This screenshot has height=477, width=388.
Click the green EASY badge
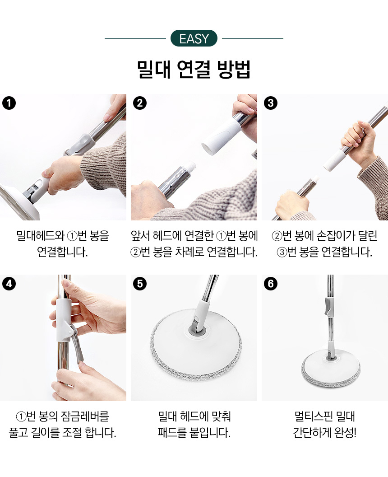pos(194,38)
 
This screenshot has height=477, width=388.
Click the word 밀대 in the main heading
pos(153,70)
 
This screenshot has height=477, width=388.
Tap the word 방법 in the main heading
pos(234,70)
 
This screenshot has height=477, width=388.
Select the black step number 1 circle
pos(9,103)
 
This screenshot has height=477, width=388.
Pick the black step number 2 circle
pos(140,103)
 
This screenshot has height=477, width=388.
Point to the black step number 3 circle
pos(271,103)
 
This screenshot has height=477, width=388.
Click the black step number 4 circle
pos(9,284)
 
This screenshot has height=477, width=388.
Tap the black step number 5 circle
pos(140,284)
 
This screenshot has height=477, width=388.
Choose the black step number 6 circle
pos(271,284)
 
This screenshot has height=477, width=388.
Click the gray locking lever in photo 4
pos(77,345)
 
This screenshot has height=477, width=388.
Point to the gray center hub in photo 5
pos(197,329)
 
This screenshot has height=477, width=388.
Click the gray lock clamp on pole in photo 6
pos(328,307)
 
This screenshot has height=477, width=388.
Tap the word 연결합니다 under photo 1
pos(62,252)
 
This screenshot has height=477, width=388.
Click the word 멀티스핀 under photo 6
pos(312,416)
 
